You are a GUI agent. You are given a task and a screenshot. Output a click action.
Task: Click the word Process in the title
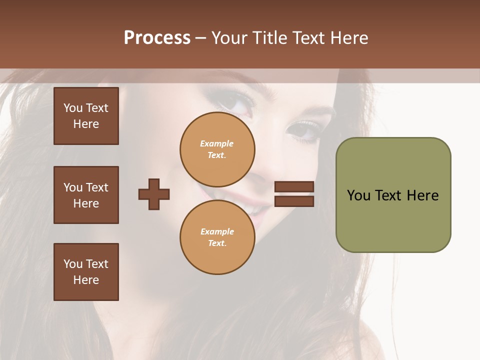click(x=157, y=38)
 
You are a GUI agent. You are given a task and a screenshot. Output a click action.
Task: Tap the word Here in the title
click(x=348, y=38)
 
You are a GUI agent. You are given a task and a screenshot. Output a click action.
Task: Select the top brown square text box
click(x=86, y=116)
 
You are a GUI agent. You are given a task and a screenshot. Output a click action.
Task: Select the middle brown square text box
click(x=86, y=195)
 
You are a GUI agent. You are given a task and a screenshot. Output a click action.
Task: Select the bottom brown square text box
click(x=86, y=272)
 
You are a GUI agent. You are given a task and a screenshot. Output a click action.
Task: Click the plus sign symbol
click(x=154, y=194)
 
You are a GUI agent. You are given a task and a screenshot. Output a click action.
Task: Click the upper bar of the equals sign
click(x=294, y=186)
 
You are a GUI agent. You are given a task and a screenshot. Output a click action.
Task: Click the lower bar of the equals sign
click(x=294, y=201)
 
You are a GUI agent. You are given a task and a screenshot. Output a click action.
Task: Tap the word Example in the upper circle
click(x=217, y=143)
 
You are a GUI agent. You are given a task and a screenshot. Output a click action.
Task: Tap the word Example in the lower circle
click(x=217, y=231)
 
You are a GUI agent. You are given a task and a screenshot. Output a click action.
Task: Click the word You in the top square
click(x=73, y=108)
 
